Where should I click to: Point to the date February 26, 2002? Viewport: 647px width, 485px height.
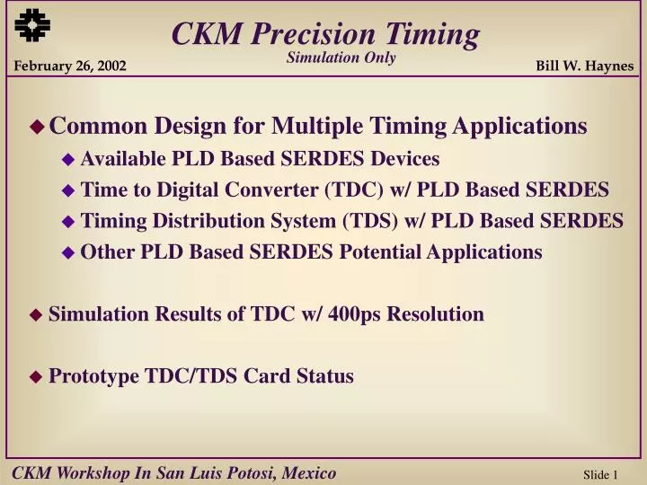coord(69,66)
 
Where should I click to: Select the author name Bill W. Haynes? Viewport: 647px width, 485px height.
coord(584,66)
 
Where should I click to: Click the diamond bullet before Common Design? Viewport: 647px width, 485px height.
coord(37,128)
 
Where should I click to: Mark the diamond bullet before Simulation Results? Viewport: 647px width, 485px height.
coord(36,315)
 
